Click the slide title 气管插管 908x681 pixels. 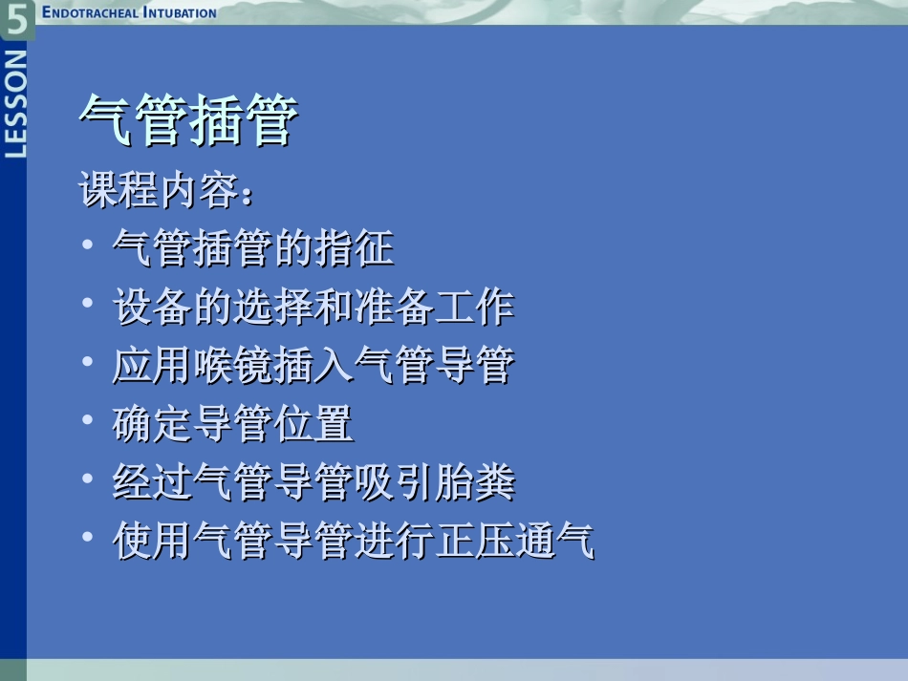pos(188,121)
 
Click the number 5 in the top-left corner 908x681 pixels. pos(16,18)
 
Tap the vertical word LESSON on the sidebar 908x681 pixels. pos(16,103)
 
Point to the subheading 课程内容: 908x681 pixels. pos(168,191)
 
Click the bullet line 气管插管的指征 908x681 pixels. pos(253,248)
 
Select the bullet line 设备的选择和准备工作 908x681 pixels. pos(313,307)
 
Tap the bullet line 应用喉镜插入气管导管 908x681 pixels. pos(313,365)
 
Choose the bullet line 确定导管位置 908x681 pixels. pos(233,423)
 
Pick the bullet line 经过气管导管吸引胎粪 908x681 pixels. pos(313,481)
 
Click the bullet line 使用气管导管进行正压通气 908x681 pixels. pos(354,541)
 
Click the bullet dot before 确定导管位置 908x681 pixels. pos(88,420)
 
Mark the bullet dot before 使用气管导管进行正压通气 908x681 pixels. pos(88,537)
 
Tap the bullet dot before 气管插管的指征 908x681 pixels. pos(88,245)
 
